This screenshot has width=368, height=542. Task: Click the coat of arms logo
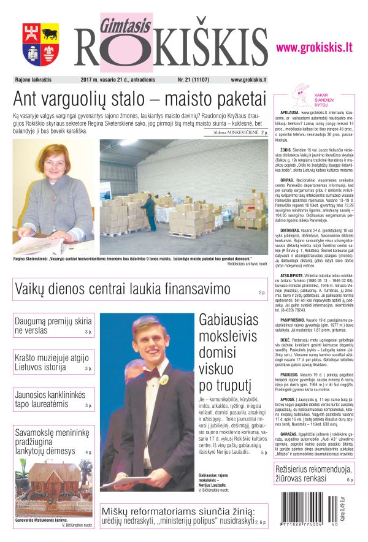coord(41,44)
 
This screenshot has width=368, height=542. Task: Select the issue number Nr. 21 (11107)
coord(193,80)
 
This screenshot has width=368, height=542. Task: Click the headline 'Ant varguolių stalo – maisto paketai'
coord(139,100)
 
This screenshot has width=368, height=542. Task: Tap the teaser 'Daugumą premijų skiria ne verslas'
coord(53,326)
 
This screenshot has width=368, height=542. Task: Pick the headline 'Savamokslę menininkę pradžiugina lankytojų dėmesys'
coord(54,441)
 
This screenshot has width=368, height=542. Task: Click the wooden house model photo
coord(53,487)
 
